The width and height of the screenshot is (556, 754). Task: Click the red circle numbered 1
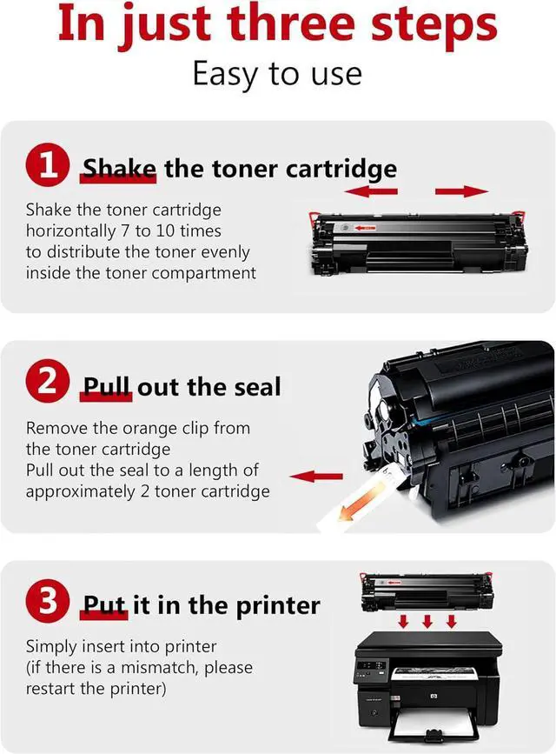pyautogui.click(x=48, y=165)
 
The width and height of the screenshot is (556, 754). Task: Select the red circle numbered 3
pyautogui.click(x=48, y=601)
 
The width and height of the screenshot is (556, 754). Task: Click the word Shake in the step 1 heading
pyautogui.click(x=119, y=169)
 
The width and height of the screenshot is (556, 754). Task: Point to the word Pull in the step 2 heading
pyautogui.click(x=106, y=387)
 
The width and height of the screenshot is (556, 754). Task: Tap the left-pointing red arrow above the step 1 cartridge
pyautogui.click(x=371, y=191)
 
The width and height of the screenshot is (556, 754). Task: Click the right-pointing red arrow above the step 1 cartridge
pyautogui.click(x=461, y=191)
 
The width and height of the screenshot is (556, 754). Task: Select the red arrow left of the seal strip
pyautogui.click(x=316, y=477)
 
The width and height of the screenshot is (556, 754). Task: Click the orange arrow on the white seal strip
pyautogui.click(x=360, y=503)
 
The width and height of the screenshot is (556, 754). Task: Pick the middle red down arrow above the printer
pyautogui.click(x=427, y=621)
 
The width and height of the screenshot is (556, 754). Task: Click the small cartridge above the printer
pyautogui.click(x=427, y=591)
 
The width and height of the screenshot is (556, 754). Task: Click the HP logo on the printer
pyautogui.click(x=434, y=696)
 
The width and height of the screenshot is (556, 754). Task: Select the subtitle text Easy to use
pyautogui.click(x=277, y=75)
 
